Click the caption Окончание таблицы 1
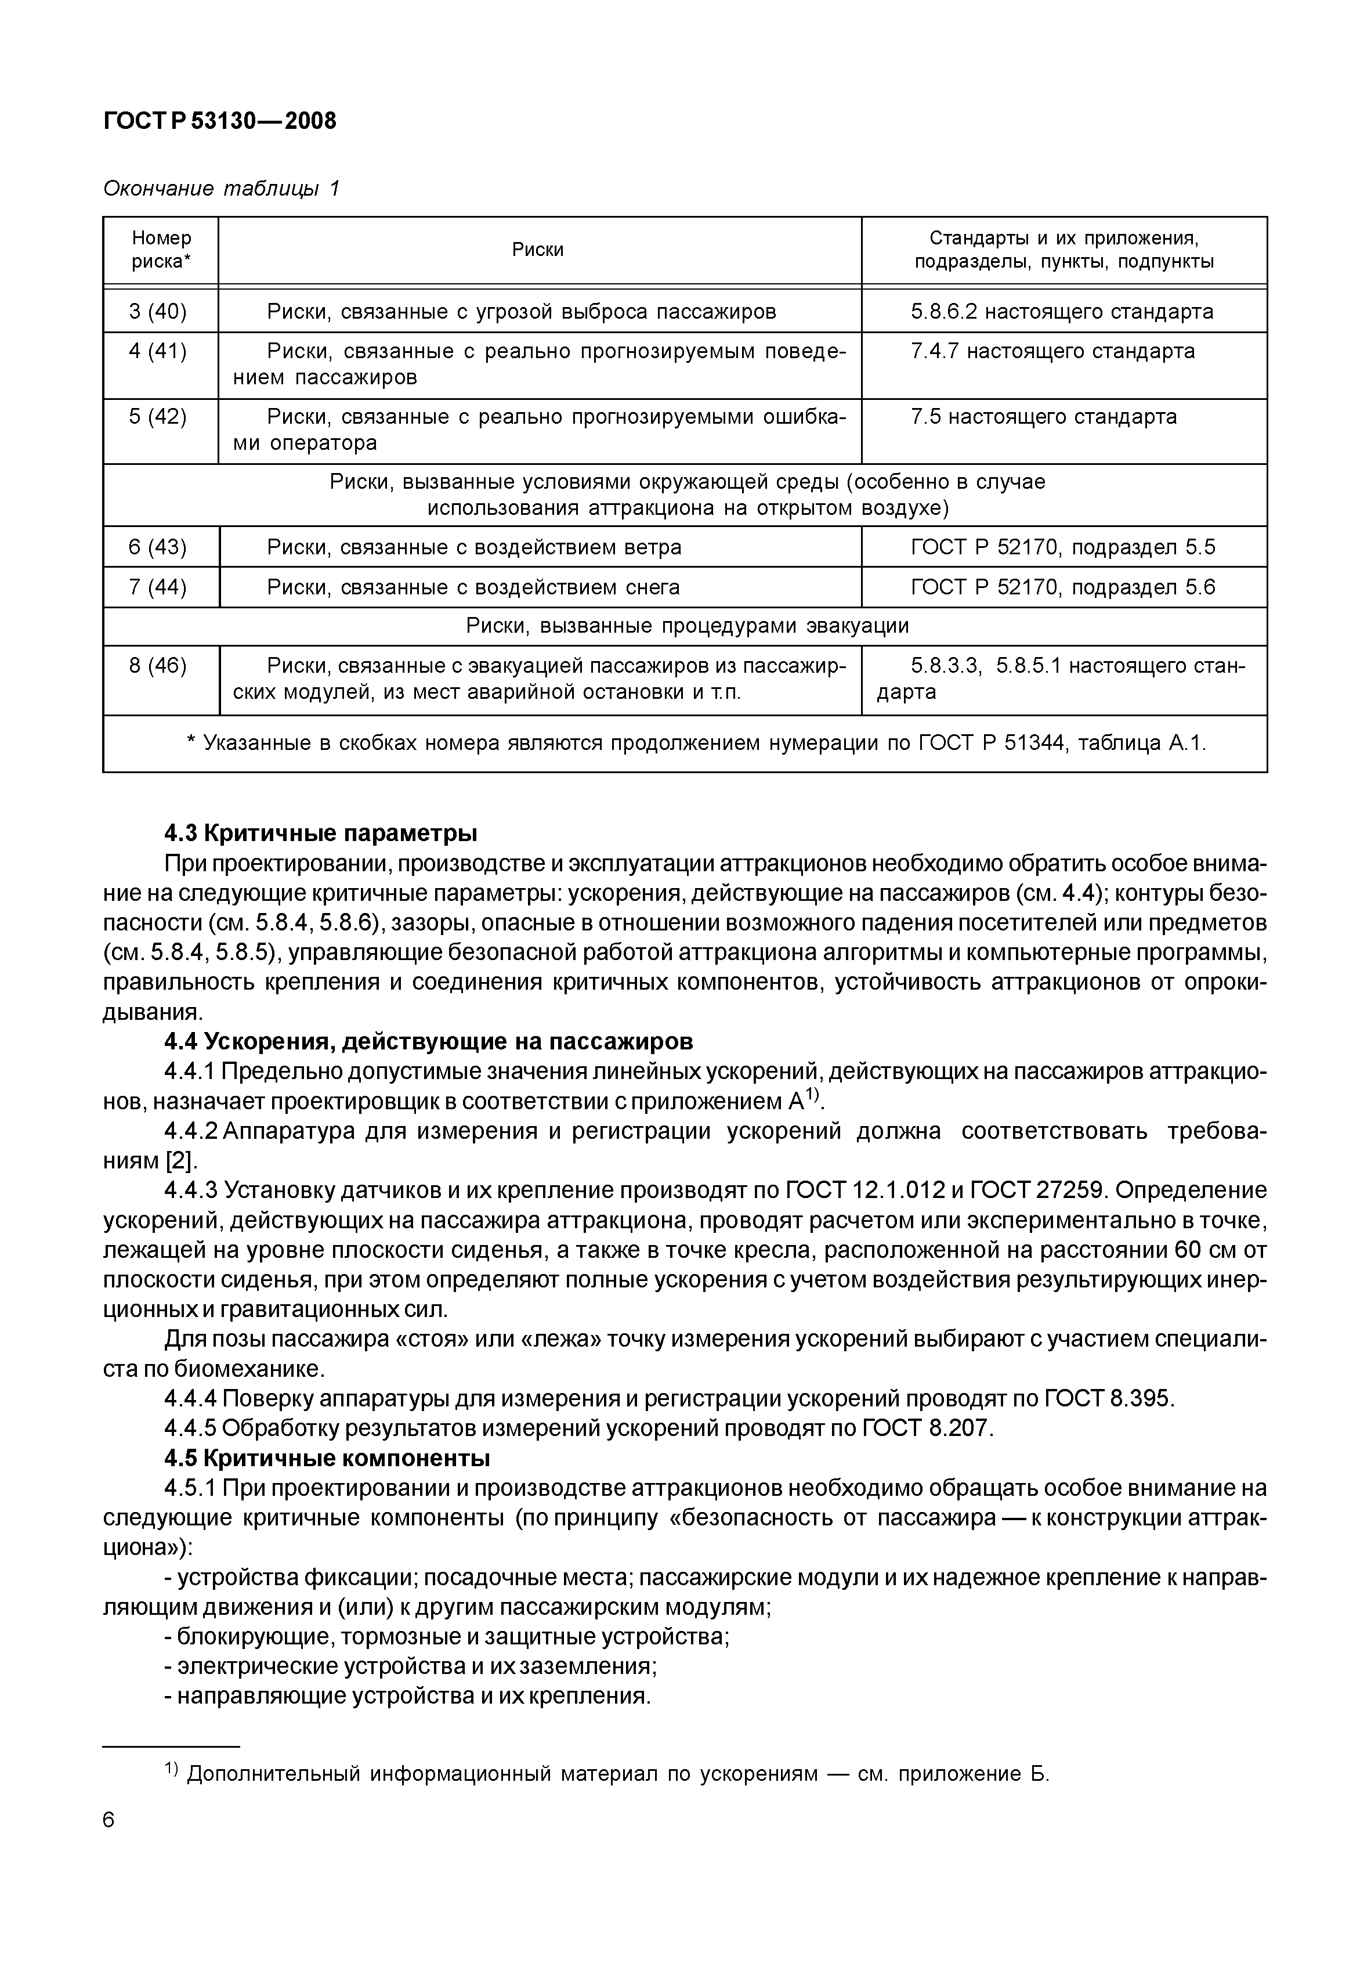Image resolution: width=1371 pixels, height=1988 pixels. pos(222,188)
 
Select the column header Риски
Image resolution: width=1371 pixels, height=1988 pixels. pos(538,250)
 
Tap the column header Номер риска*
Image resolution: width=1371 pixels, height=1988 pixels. pos(161,250)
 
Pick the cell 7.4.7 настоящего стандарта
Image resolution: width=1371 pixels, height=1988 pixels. pos(1052,351)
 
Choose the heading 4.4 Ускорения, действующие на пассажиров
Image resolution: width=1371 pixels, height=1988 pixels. pos(428,1042)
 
